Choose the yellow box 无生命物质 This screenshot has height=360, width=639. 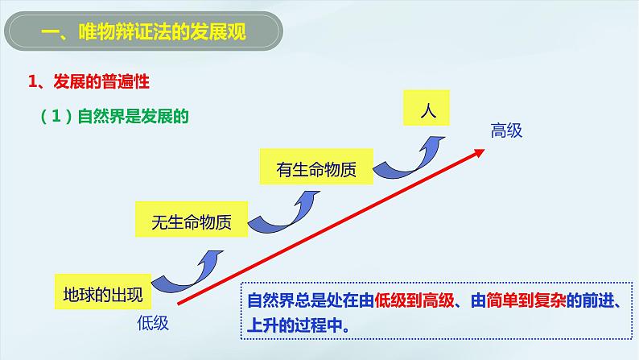coord(192,223)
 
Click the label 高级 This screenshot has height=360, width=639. coord(507,130)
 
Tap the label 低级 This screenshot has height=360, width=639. coord(151,323)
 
